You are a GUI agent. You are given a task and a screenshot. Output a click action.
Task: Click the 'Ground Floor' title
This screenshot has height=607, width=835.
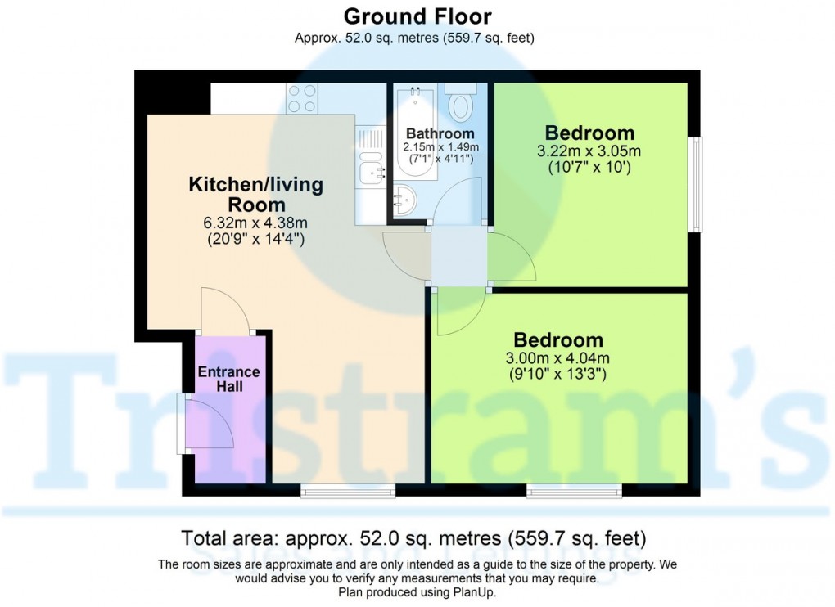coord(417,16)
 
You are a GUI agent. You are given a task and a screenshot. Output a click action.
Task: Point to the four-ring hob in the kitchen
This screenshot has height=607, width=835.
coord(302,98)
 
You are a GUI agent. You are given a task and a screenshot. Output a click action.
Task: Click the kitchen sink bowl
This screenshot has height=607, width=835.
coord(371,172)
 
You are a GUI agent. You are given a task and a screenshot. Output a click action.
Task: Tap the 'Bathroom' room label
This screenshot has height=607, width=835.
coord(440,133)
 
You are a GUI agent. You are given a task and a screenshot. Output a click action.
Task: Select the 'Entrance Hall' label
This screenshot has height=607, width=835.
coord(229,379)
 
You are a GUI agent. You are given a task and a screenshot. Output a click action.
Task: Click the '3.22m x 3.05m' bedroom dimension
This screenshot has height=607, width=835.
coord(589,151)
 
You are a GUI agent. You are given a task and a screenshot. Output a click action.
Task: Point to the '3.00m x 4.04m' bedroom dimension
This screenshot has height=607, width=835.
coord(558,358)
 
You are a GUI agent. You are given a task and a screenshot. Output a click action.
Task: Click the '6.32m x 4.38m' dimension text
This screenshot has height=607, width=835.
coord(255,223)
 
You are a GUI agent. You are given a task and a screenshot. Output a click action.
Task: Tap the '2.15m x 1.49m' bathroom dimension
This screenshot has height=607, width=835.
coord(440,146)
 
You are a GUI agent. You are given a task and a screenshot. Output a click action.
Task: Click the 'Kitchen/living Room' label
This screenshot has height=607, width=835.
coord(256,194)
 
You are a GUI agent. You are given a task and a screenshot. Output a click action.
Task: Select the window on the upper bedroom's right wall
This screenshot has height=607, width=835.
coord(695,184)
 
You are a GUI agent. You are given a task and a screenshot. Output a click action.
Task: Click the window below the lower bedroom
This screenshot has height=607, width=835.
coord(574,491)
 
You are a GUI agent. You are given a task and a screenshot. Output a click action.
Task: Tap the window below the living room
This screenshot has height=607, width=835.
coord(348,491)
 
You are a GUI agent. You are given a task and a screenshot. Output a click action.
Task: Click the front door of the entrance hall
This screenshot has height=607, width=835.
coord(210,424)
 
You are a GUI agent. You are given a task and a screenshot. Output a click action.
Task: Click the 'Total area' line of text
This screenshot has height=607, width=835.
coord(413,538)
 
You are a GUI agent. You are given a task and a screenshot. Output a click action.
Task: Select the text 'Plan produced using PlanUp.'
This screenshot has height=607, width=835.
coord(417,591)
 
